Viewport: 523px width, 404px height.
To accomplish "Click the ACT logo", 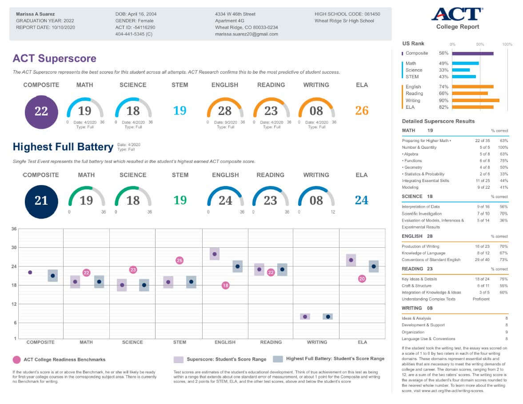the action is pos(457,15).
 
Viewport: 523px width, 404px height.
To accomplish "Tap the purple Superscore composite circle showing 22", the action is pos(41,112).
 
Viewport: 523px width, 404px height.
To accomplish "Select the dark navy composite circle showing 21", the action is pos(41,201).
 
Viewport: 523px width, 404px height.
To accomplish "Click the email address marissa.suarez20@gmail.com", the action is pos(247,34).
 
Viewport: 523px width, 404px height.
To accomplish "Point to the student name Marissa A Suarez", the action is pos(36,14).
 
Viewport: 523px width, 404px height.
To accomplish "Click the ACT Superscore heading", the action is pos(54,58).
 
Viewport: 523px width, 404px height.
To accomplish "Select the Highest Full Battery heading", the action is pos(63,147).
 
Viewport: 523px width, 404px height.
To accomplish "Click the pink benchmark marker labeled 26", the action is pos(180,260).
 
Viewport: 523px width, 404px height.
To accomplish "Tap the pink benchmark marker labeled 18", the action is pos(225,285).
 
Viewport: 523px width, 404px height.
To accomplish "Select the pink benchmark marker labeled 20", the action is pos(362,279).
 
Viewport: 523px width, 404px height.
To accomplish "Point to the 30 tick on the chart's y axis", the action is pos(14,248).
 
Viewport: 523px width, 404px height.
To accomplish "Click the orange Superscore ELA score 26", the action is pos(362,111).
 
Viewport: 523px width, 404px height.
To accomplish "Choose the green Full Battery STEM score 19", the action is pos(180,200).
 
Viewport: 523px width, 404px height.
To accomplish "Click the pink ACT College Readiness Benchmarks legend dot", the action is pos(17,360).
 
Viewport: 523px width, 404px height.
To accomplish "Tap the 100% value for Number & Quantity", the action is pos(503,147).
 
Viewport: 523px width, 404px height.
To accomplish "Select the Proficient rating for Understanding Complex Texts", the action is pos(481,299).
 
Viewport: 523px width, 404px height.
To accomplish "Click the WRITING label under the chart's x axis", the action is pos(317,342).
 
